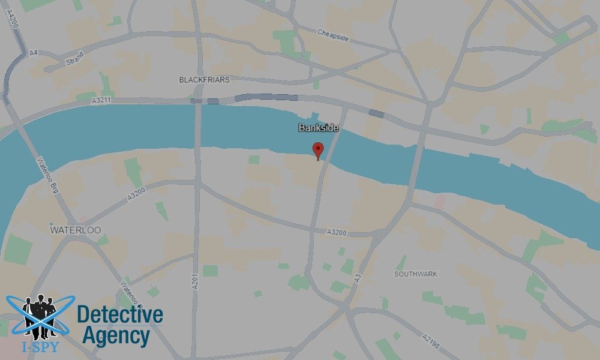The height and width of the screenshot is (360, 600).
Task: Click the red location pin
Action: [x=318, y=151]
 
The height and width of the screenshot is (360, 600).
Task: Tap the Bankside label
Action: [x=319, y=128]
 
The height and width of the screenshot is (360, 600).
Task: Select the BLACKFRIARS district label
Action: [x=204, y=80]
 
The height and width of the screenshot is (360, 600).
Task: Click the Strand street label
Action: [x=74, y=59]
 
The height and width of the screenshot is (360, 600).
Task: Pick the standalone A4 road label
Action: [x=34, y=53]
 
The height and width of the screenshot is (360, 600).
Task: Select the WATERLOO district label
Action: [x=75, y=230]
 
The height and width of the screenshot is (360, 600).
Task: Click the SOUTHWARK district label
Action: [x=415, y=274]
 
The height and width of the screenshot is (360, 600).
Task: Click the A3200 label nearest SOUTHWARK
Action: [x=337, y=233]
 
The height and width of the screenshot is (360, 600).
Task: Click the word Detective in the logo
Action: [x=120, y=314]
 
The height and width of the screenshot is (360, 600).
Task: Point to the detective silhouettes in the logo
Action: [x=40, y=315]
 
